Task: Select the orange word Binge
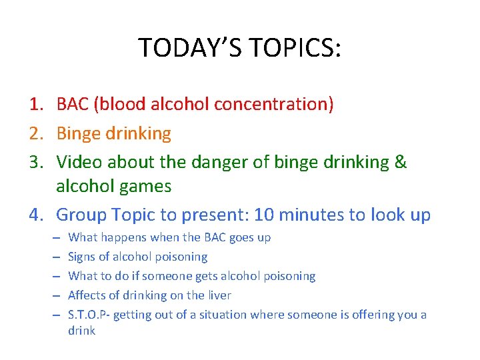pos(79,133)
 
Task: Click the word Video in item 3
pos(79,162)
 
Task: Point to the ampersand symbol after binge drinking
pos(400,162)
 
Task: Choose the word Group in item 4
pos(82,215)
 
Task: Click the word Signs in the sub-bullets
pos(83,257)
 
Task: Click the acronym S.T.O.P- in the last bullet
pos(89,315)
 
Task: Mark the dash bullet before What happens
pos(53,237)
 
